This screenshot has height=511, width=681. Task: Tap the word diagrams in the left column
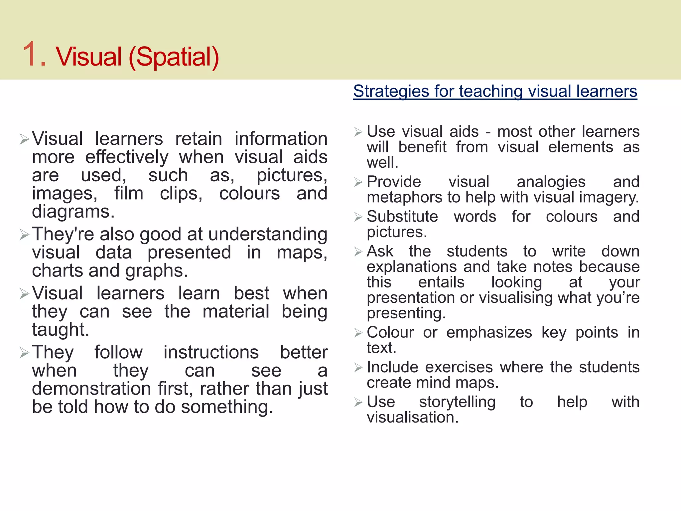click(x=73, y=212)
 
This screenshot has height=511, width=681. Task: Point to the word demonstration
click(x=91, y=389)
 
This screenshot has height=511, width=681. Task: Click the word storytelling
click(x=457, y=402)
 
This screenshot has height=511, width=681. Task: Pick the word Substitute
click(x=402, y=217)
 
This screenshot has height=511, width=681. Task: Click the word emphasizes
click(x=489, y=332)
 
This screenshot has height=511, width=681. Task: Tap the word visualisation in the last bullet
click(x=412, y=417)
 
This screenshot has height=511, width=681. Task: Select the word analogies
click(x=551, y=182)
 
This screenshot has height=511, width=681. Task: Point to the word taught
click(x=61, y=330)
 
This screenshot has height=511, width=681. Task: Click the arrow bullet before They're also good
click(x=24, y=235)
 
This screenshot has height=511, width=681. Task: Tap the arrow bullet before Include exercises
click(x=358, y=368)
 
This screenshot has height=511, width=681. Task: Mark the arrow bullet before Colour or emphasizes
click(x=358, y=333)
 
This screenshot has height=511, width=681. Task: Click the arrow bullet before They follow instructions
click(x=24, y=352)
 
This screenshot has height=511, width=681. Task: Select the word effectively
click(x=127, y=157)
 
